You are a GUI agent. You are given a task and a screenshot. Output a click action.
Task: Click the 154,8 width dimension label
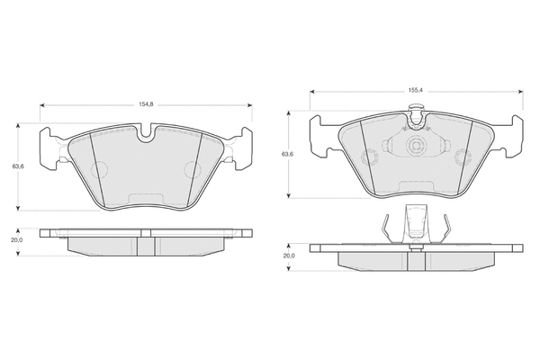click(146, 104)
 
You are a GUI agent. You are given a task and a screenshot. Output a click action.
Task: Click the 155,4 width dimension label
click(416, 91)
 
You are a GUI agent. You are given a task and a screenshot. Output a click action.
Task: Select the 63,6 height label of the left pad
click(18, 166)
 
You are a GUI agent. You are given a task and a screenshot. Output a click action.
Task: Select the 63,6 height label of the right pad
click(288, 154)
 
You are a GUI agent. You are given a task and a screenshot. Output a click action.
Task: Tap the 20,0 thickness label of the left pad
click(16, 240)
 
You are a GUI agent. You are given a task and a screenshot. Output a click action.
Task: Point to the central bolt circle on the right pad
click(415, 146)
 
